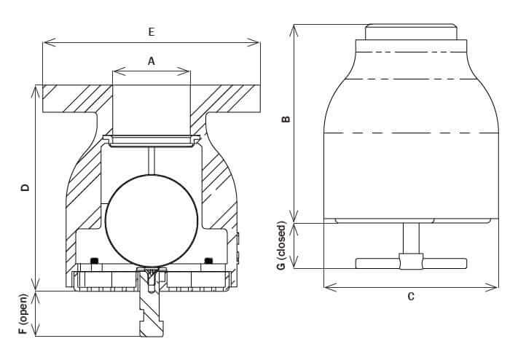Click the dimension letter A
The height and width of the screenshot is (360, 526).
(x=152, y=62)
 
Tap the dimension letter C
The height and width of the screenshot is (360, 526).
(x=411, y=297)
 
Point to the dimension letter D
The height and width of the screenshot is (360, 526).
(x=25, y=187)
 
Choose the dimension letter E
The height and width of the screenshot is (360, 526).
(x=152, y=32)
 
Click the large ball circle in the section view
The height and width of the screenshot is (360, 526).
(x=151, y=219)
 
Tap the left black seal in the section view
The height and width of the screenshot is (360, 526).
(x=93, y=260)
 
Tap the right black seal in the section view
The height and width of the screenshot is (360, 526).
(x=208, y=260)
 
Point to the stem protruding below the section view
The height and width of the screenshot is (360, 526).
(x=152, y=313)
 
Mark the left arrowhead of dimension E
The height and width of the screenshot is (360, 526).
(x=46, y=42)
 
